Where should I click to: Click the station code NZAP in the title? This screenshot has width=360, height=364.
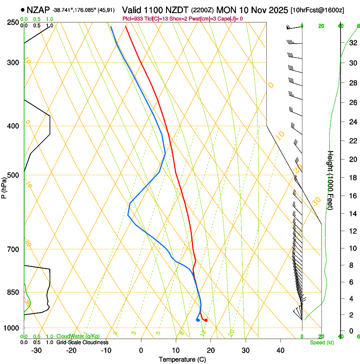38,9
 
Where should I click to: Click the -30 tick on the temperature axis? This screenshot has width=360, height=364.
36,350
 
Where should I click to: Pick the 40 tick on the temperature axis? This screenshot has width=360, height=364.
280,350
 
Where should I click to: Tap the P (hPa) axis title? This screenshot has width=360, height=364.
4,187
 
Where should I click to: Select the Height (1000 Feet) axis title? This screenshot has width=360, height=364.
331,180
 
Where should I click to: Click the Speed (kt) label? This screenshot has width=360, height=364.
321,342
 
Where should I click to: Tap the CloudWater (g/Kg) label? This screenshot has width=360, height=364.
78,336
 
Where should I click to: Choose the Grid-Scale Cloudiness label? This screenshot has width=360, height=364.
82,342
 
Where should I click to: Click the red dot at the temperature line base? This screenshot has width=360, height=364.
206,320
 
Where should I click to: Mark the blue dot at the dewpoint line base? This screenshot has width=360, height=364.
198,320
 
